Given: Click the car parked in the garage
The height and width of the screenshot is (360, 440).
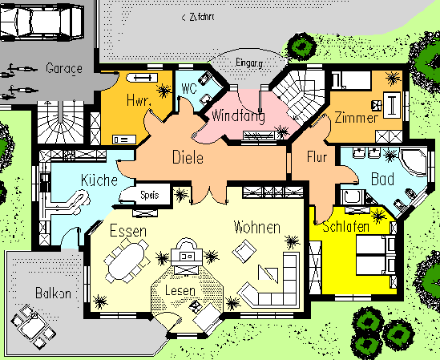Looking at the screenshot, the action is pos(42,22).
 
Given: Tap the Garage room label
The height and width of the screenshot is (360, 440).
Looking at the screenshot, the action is pos(64,68).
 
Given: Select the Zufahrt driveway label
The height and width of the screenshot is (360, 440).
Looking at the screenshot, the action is pos(198,17).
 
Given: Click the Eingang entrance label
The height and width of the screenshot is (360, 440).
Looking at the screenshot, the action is pos(249,63).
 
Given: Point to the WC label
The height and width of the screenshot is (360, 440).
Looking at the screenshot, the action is pos(189,89).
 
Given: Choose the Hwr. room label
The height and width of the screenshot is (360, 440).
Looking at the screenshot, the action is pos(139,100).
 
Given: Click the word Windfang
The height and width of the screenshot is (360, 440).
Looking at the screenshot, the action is pos(238,115).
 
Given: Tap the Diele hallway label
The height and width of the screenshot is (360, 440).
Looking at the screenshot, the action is pos(188,157).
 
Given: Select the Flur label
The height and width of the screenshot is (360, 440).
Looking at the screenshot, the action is pos(317,156).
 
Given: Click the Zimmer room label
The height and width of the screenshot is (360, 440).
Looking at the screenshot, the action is pos(357,117).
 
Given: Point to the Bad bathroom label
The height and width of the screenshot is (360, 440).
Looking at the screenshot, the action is pos(383,179).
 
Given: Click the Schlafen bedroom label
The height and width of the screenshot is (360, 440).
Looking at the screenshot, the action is pos(345,227).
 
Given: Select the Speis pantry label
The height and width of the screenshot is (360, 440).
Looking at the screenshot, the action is pos(150,195).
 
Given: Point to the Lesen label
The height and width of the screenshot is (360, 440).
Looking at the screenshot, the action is pos(180,290).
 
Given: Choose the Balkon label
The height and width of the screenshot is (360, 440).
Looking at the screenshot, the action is pos(54,293).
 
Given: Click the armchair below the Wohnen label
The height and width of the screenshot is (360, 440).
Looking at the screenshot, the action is pos(244,251).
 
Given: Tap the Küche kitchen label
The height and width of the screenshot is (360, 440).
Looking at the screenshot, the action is pos(99,180).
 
